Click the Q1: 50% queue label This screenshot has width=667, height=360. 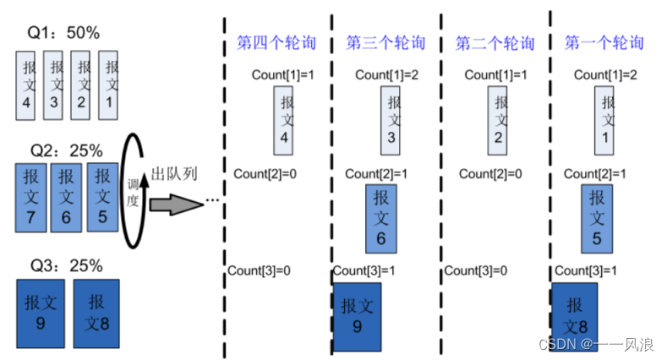[64, 34]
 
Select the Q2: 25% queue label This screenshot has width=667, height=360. [66, 151]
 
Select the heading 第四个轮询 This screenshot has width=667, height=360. [276, 42]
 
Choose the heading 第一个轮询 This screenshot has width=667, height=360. [603, 42]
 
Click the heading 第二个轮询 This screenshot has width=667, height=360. [495, 42]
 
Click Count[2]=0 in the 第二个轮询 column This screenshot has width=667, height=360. [491, 173]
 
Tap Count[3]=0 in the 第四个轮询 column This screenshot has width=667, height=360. [260, 270]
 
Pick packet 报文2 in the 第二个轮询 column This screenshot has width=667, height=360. [500, 120]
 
